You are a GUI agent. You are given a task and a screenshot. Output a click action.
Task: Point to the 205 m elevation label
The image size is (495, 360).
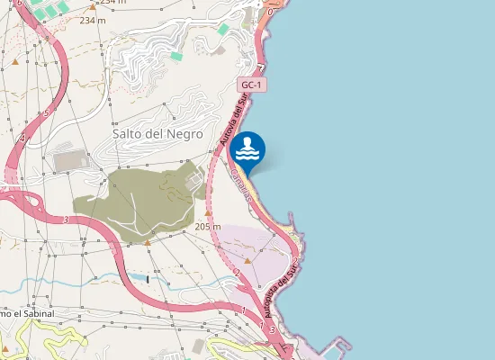pyautogui.click(x=208, y=227)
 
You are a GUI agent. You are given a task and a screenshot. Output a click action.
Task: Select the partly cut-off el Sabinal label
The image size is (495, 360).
pyautogui.click(x=27, y=313)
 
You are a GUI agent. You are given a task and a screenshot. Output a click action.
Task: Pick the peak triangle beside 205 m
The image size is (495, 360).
pyautogui.click(x=148, y=241)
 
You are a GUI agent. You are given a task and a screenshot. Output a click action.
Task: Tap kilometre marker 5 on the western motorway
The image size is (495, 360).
pyautogui.click(x=46, y=113)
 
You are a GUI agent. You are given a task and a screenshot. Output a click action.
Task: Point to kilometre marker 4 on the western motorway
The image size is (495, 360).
pyautogui.click(x=22, y=139)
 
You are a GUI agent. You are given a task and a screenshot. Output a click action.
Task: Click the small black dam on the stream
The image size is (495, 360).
pyautogui.click(x=148, y=279)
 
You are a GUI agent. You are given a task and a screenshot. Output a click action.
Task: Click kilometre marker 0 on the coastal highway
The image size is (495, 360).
pyautogui.click(x=270, y=13)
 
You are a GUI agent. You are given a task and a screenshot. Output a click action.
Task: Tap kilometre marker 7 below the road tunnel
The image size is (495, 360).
pyautogui.click(x=260, y=66)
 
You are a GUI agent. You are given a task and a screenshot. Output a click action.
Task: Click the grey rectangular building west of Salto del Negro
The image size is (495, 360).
pyautogui.click(x=68, y=160)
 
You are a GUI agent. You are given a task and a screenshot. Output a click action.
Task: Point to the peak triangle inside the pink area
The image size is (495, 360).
pyautogui.click(x=247, y=261)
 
